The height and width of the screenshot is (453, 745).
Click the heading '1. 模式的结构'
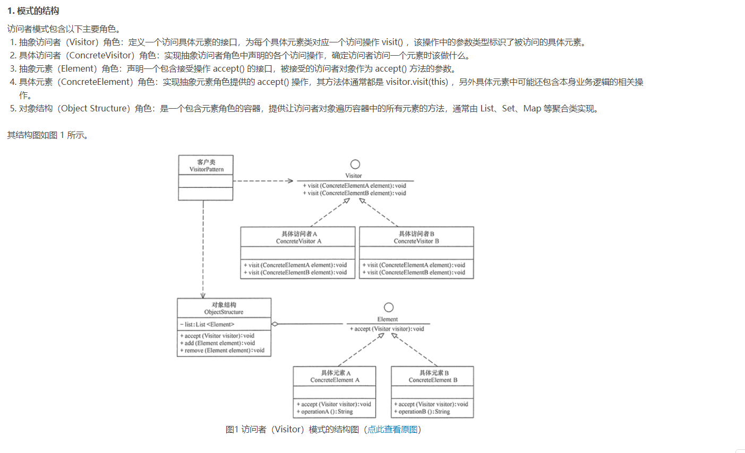point(33,11)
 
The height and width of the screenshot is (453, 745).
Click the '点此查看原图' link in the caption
point(392,429)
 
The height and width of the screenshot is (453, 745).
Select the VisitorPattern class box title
point(206,165)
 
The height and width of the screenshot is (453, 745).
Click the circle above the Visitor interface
point(355,164)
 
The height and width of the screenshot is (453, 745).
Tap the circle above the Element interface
point(389,308)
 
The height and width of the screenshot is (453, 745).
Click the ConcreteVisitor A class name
point(298,241)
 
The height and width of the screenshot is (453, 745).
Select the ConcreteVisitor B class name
point(416,241)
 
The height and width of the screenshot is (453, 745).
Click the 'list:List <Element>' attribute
point(209,324)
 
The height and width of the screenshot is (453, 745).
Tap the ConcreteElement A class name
point(335,380)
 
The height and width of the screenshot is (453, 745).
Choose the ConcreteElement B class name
point(433,380)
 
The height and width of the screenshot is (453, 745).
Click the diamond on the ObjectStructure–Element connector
point(275,324)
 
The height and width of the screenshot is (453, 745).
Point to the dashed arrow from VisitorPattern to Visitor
point(263,181)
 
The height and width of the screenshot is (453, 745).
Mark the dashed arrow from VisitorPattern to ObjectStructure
point(203,249)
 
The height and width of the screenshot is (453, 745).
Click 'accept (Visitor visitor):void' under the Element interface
point(388,329)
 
